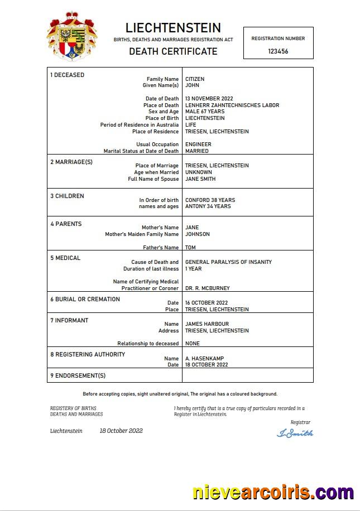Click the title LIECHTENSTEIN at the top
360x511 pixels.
coord(173,28)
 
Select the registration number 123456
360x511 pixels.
coord(278,51)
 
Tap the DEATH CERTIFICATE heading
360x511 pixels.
coord(173,51)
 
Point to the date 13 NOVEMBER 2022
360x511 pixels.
coord(209,99)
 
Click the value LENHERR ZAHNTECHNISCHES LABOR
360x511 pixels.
coord(232,105)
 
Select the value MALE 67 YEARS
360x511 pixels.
coord(205,112)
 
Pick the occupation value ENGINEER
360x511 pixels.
coord(198,144)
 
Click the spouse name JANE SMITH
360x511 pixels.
coord(200,179)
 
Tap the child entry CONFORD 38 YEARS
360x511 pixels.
coord(210,200)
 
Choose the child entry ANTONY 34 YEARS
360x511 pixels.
coord(208,206)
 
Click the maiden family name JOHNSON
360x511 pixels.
coord(198,234)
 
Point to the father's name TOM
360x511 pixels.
coord(190,248)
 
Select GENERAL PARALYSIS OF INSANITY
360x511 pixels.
coord(228,262)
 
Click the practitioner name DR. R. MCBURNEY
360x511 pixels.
coord(207,288)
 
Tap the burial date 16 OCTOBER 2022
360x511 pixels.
coord(207,303)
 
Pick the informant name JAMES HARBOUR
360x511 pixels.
coord(207,324)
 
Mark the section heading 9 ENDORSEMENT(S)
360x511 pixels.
coord(78,375)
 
